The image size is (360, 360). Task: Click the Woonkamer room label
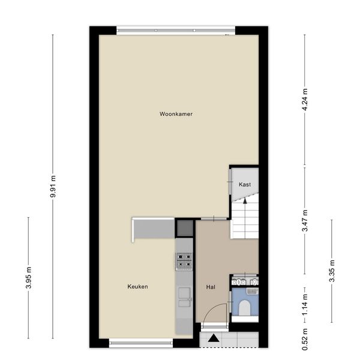click(176, 114)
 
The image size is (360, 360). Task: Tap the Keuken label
click(137, 287)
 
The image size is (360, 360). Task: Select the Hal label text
click(211, 287)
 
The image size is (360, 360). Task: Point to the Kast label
click(245, 184)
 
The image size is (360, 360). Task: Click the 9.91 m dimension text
click(53, 186)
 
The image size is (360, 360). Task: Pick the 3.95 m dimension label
click(29, 278)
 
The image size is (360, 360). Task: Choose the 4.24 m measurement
click(305, 100)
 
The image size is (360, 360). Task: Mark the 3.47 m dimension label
click(305, 221)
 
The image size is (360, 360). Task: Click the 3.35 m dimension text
click(332, 271)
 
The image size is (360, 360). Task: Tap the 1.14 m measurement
click(305, 305)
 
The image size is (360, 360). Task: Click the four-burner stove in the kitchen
click(184, 261)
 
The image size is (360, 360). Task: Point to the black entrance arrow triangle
click(214, 338)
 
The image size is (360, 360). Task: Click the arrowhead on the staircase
click(245, 200)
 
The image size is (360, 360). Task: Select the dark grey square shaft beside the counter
click(185, 228)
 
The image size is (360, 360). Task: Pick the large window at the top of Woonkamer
click(176, 31)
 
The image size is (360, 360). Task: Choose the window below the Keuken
click(141, 343)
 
